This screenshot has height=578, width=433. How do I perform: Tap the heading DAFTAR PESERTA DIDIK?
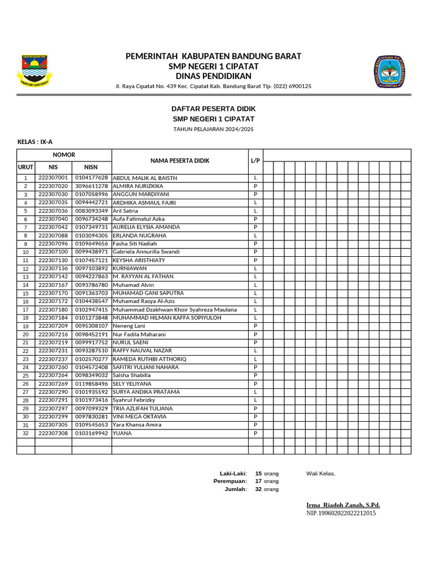213,108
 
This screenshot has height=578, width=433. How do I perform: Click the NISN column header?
91,167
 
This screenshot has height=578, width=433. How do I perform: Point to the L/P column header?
255,161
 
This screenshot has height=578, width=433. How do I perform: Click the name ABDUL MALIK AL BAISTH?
145,178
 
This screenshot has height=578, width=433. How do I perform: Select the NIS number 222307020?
53,186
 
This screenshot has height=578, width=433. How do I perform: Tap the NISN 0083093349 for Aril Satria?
91,211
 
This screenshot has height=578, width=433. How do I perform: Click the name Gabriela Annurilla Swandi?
146,252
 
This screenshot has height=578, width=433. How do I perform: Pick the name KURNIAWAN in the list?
130,268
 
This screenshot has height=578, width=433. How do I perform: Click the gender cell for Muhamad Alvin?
255,285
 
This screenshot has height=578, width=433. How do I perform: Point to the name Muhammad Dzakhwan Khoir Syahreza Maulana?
175,309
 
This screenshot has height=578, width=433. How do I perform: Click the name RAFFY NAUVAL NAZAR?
142,351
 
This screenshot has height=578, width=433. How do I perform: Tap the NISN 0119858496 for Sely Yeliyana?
91,384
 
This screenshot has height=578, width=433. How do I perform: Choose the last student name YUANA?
122,433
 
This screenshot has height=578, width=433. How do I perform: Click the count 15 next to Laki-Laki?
258,474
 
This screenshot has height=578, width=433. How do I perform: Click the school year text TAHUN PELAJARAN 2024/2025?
213,129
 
